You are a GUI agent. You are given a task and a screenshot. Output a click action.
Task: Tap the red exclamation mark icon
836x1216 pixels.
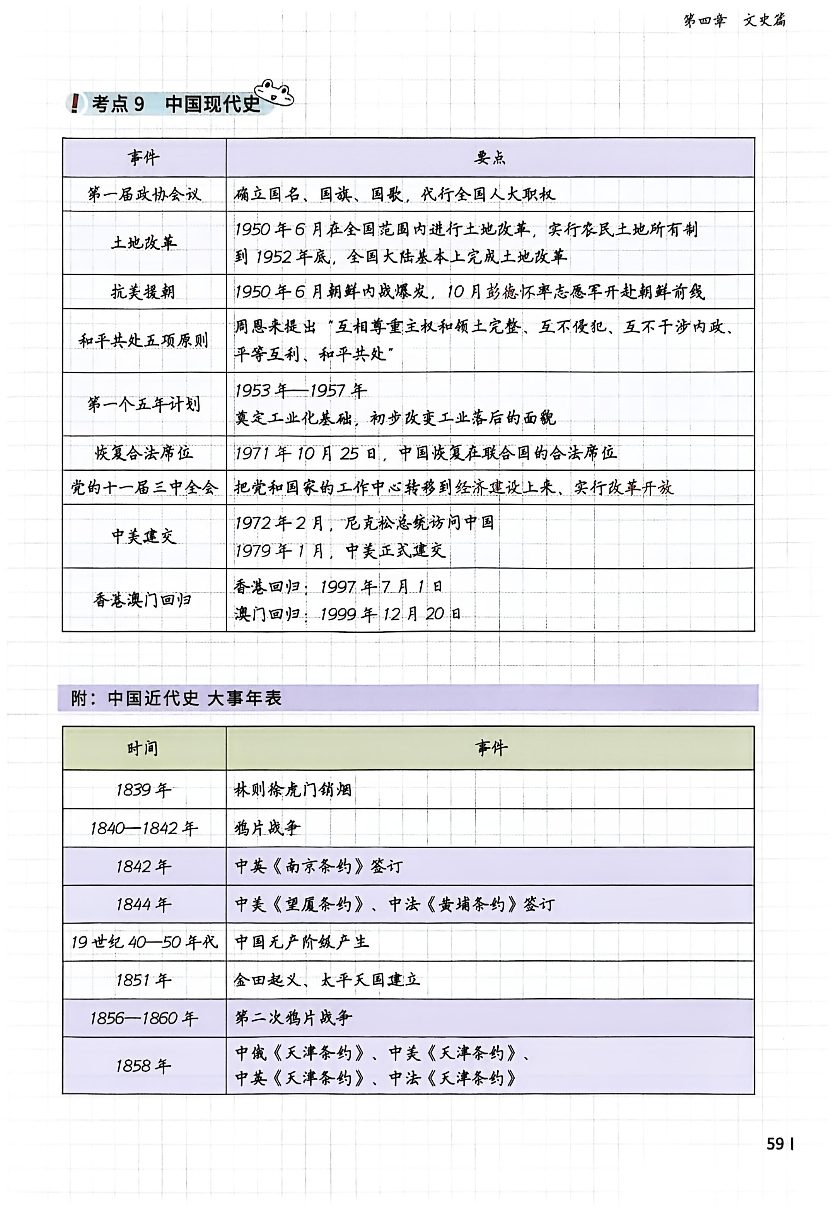pyautogui.click(x=75, y=103)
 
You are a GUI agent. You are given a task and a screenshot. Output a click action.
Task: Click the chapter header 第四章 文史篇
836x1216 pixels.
pyautogui.click(x=734, y=20)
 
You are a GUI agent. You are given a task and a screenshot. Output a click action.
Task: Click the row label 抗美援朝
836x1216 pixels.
pyautogui.click(x=143, y=292)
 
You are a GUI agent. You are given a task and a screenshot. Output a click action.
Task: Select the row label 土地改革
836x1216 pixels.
pyautogui.click(x=143, y=243)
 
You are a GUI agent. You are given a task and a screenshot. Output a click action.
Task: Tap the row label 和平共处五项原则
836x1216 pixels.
pyautogui.click(x=143, y=340)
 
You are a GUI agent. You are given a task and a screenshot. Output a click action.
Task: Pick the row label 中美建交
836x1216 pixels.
pyautogui.click(x=143, y=536)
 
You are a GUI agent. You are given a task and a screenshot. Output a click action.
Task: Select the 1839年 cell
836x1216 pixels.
pyautogui.click(x=143, y=789)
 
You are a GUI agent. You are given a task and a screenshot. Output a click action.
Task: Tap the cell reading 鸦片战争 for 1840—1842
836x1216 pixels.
pyautogui.click(x=267, y=828)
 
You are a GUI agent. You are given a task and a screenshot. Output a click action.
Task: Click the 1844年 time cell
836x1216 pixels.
pyautogui.click(x=143, y=904)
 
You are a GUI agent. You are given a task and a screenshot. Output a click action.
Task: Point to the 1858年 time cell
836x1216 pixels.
pyautogui.click(x=143, y=1066)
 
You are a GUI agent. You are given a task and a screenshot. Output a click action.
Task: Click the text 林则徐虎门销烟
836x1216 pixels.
pyautogui.click(x=292, y=789)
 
